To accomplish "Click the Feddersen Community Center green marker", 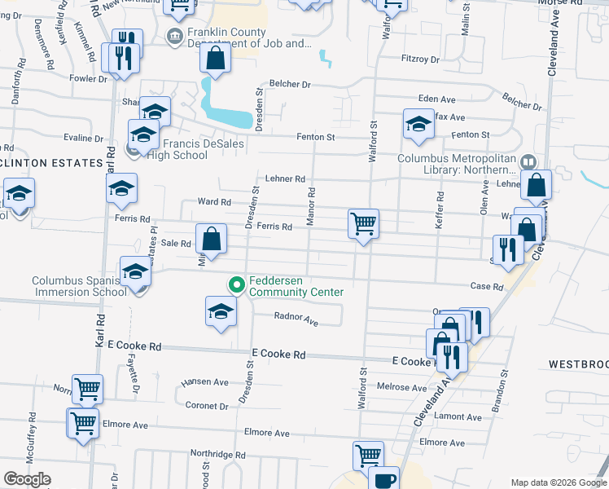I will [237, 284].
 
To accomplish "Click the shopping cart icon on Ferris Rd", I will [363, 222].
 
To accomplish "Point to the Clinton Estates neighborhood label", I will [50, 163].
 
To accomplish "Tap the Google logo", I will [27, 479].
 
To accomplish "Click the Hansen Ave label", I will [205, 381].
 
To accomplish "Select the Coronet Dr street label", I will [207, 405].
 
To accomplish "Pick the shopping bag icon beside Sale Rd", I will [211, 240].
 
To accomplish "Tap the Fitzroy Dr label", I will [420, 59].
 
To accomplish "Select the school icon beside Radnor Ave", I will [220, 311].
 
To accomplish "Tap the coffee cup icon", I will [383, 479].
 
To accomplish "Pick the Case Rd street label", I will [487, 287].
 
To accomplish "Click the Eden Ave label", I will [436, 99].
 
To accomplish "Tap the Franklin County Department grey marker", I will [173, 36].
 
